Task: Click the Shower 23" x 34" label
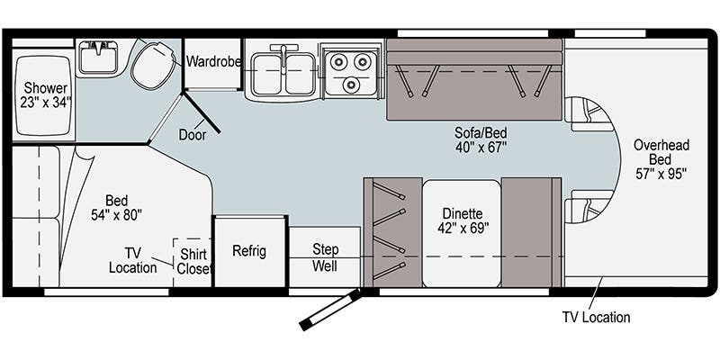[46, 94]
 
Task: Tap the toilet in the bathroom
[154, 64]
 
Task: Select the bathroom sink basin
[98, 58]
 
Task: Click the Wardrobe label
[213, 61]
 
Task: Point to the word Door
[193, 135]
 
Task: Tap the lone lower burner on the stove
[351, 84]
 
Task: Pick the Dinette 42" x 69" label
[463, 220]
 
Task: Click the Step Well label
[326, 257]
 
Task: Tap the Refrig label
[249, 251]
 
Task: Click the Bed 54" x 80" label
[117, 208]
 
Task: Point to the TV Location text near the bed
[132, 260]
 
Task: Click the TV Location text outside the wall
[596, 317]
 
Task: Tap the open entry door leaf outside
[330, 310]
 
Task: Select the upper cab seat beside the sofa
[587, 114]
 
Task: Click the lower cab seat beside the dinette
[587, 206]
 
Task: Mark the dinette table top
[462, 233]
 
